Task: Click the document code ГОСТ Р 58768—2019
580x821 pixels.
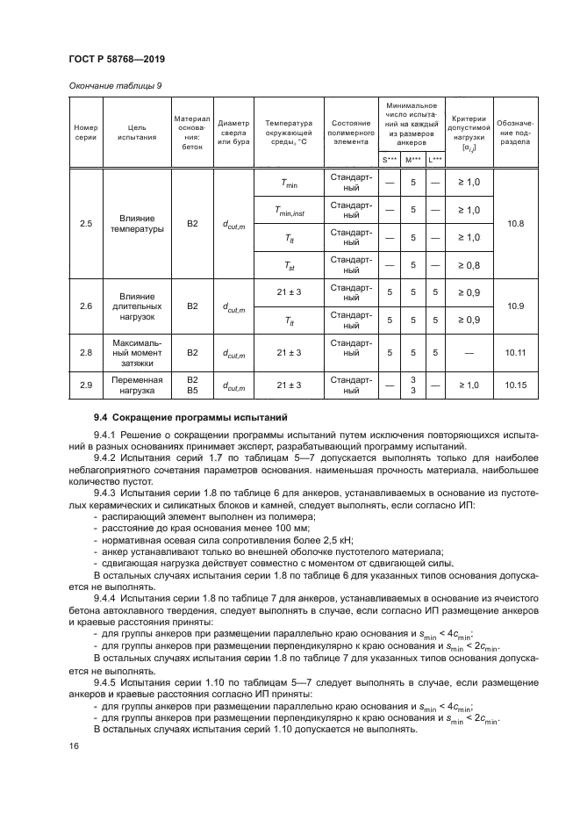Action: point(118,59)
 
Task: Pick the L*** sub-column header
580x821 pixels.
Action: point(435,159)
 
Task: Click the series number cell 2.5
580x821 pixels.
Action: point(85,224)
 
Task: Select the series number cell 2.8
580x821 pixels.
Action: point(85,352)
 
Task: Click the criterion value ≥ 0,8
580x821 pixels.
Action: point(468,264)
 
